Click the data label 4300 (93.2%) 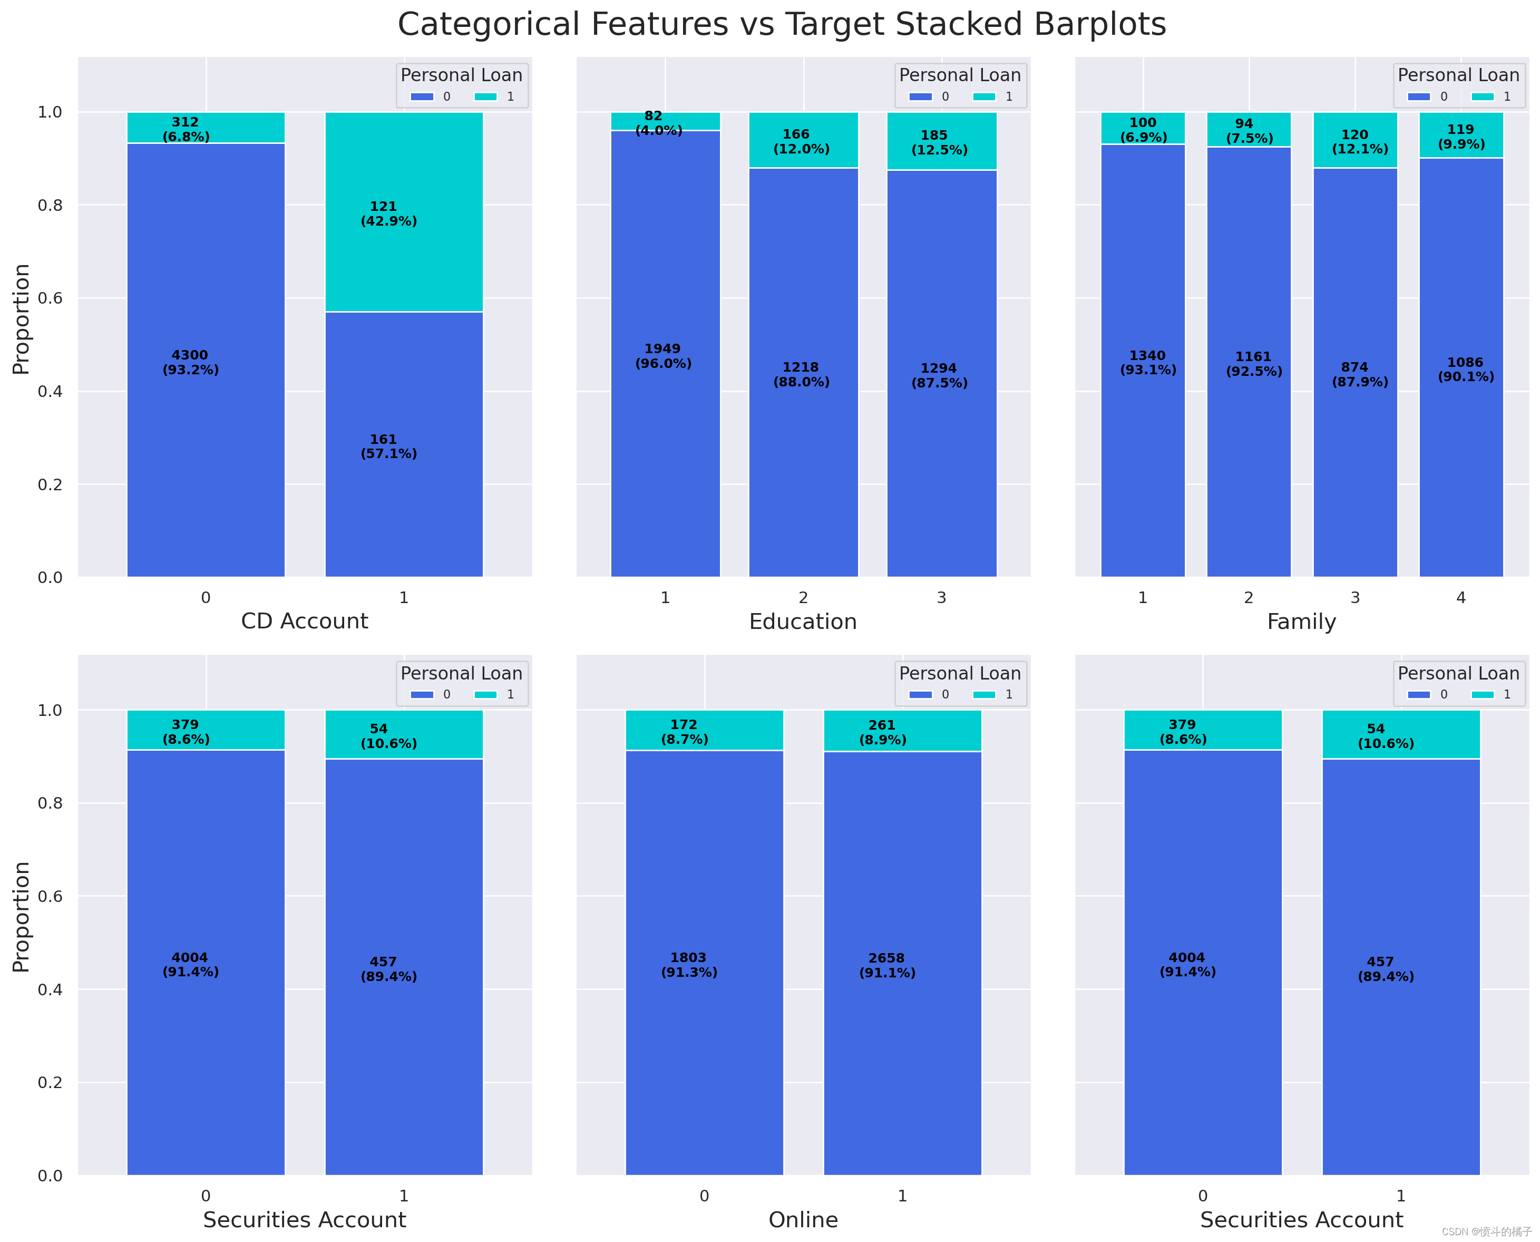(190, 363)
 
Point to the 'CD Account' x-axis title (304, 621)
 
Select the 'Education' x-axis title (803, 622)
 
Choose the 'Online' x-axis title (803, 1220)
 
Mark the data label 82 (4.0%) (658, 123)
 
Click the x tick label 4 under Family (1460, 597)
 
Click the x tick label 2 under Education (803, 597)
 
